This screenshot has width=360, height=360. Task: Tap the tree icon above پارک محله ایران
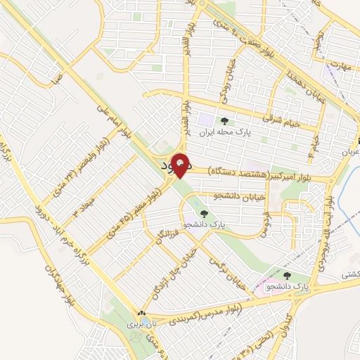click(224, 121)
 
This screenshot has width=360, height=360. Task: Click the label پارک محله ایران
click(224, 131)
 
